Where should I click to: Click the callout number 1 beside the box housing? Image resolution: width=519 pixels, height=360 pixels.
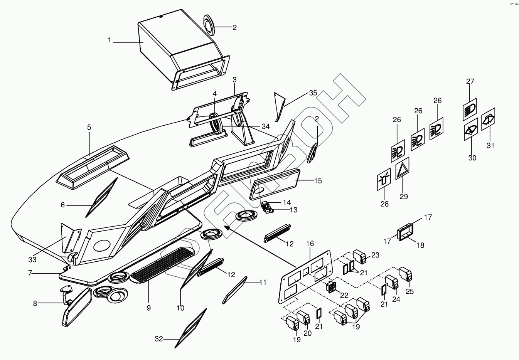point(109,40)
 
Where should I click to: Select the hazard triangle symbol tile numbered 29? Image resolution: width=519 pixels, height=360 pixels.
point(403,169)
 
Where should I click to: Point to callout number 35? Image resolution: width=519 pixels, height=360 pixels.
point(313,93)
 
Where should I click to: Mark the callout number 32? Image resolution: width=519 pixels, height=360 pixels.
point(159,339)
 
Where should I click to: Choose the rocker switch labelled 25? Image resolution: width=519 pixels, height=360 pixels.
point(406,274)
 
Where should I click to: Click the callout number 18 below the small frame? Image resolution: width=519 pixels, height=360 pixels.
point(421,245)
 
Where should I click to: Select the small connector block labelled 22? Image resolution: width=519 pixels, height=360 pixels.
point(332,287)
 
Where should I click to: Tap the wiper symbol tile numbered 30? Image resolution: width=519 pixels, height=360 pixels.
point(471,131)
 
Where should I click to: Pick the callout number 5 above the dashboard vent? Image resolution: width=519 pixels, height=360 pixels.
point(89,127)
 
